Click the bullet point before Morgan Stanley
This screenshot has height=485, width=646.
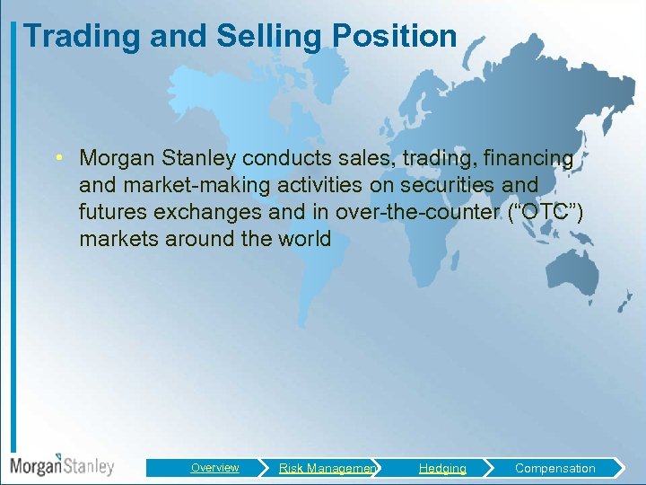[56, 159]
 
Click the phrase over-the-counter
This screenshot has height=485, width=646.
[383, 213]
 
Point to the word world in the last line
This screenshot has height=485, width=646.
[305, 240]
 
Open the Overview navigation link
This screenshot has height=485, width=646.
[214, 468]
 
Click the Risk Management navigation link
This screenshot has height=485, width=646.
[328, 468]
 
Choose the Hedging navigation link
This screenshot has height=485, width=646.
[442, 468]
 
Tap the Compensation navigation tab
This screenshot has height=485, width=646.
[554, 468]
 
